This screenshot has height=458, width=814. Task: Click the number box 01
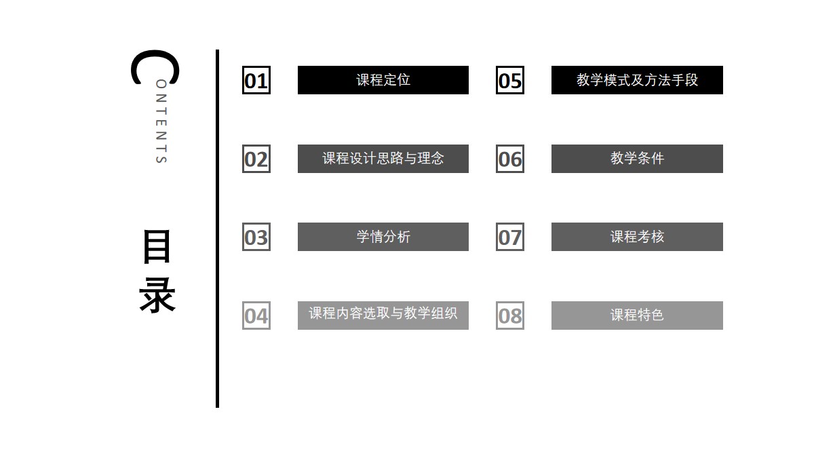(256, 80)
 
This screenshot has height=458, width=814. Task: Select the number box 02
(256, 159)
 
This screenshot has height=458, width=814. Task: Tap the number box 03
(256, 237)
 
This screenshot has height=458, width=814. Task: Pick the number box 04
(256, 316)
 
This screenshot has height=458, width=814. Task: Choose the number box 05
(510, 80)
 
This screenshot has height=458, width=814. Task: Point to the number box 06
(510, 159)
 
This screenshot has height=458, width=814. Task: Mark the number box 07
(510, 237)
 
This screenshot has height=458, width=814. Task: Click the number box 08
(510, 316)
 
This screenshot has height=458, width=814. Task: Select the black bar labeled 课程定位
(383, 80)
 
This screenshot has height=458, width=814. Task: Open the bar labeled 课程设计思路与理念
(383, 159)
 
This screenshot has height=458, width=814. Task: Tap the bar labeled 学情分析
(383, 237)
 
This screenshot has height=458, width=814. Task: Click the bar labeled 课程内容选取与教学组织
(383, 316)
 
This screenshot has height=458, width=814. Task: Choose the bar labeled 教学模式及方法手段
(637, 80)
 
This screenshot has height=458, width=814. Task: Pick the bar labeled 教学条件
(637, 159)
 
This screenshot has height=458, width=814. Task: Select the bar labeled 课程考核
(637, 237)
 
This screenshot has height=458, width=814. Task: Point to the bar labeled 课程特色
(637, 316)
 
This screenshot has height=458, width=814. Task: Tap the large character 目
(157, 246)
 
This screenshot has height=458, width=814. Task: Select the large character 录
(157, 295)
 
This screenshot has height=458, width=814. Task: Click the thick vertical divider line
(217, 229)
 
